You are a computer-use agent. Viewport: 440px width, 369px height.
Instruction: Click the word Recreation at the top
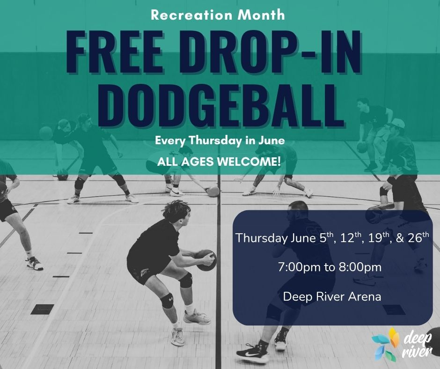(191, 15)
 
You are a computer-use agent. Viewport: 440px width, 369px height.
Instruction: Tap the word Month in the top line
(261, 15)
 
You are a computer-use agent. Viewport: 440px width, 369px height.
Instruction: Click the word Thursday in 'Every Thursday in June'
(215, 140)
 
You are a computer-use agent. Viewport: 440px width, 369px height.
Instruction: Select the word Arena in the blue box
(365, 296)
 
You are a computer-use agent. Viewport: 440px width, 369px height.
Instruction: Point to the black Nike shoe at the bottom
(252, 352)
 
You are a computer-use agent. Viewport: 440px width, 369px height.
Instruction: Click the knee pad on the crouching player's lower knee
(167, 301)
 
